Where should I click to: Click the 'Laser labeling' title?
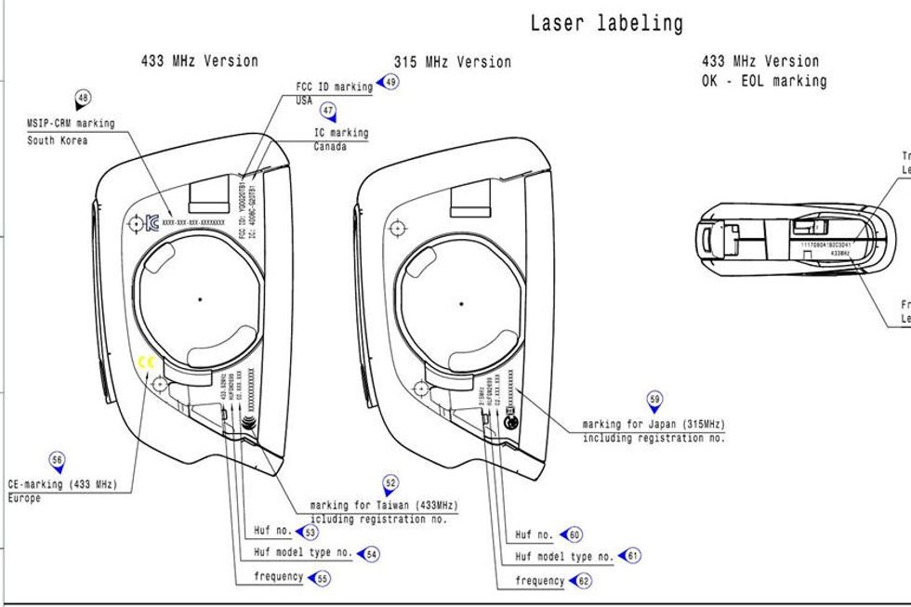pyautogui.click(x=606, y=23)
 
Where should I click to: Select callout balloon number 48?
pyautogui.click(x=84, y=99)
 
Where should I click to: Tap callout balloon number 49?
pyautogui.click(x=390, y=82)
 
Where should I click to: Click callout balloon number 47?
pyautogui.click(x=327, y=111)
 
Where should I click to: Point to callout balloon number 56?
pyautogui.click(x=58, y=459)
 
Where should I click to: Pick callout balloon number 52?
pyautogui.click(x=390, y=483)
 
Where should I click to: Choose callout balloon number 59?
pyautogui.click(x=654, y=401)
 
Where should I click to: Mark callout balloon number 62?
pyautogui.click(x=584, y=582)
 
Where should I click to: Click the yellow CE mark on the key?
pyautogui.click(x=144, y=363)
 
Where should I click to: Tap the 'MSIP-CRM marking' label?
pyautogui.click(x=72, y=123)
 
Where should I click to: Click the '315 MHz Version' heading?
pyautogui.click(x=452, y=62)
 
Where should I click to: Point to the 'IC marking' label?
pyautogui.click(x=341, y=133)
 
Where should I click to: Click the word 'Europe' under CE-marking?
pyautogui.click(x=24, y=498)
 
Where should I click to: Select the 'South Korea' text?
pyautogui.click(x=58, y=140)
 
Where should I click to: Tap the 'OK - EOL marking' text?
pyautogui.click(x=764, y=81)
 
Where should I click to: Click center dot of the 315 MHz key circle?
pyautogui.click(x=461, y=303)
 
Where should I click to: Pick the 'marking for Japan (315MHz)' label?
pyautogui.click(x=653, y=425)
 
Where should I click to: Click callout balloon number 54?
pyautogui.click(x=371, y=554)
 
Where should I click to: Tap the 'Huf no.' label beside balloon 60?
pyautogui.click(x=535, y=535)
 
